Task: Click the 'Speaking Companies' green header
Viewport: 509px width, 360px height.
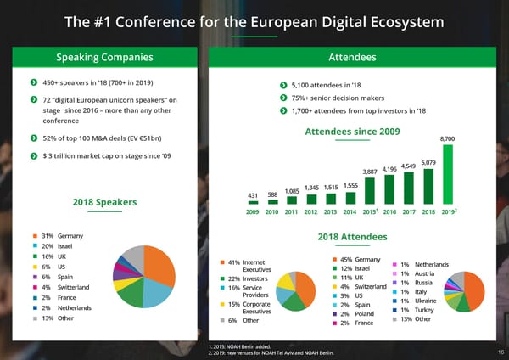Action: (x=104, y=57)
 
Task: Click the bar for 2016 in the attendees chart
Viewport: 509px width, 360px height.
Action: (x=389, y=188)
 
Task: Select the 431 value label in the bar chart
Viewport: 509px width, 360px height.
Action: (x=253, y=195)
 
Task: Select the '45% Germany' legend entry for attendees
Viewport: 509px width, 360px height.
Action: (x=358, y=259)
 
